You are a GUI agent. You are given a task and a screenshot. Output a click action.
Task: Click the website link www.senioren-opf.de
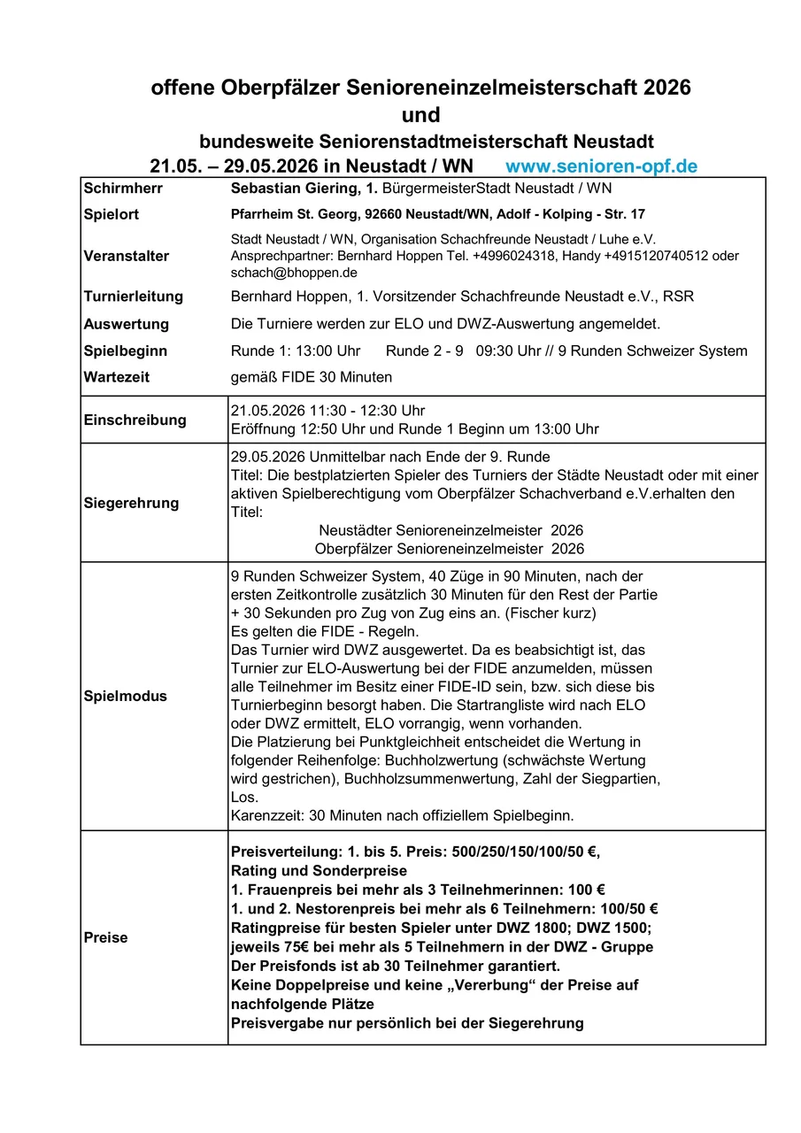click(601, 166)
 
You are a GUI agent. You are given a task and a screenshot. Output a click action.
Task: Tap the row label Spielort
click(111, 214)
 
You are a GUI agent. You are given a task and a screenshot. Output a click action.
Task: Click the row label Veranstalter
click(126, 256)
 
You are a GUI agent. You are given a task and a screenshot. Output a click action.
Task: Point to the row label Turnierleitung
click(133, 297)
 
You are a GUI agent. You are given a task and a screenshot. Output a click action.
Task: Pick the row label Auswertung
click(126, 324)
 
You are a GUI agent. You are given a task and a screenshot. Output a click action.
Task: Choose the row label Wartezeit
click(116, 377)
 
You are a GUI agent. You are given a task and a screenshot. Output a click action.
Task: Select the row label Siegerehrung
click(130, 503)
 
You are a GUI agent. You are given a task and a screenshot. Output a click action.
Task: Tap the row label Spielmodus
click(125, 696)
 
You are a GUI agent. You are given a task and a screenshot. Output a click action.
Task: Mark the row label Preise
click(105, 937)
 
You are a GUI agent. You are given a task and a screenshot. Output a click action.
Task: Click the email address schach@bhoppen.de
click(294, 273)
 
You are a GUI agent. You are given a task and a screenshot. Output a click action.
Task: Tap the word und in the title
click(420, 115)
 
